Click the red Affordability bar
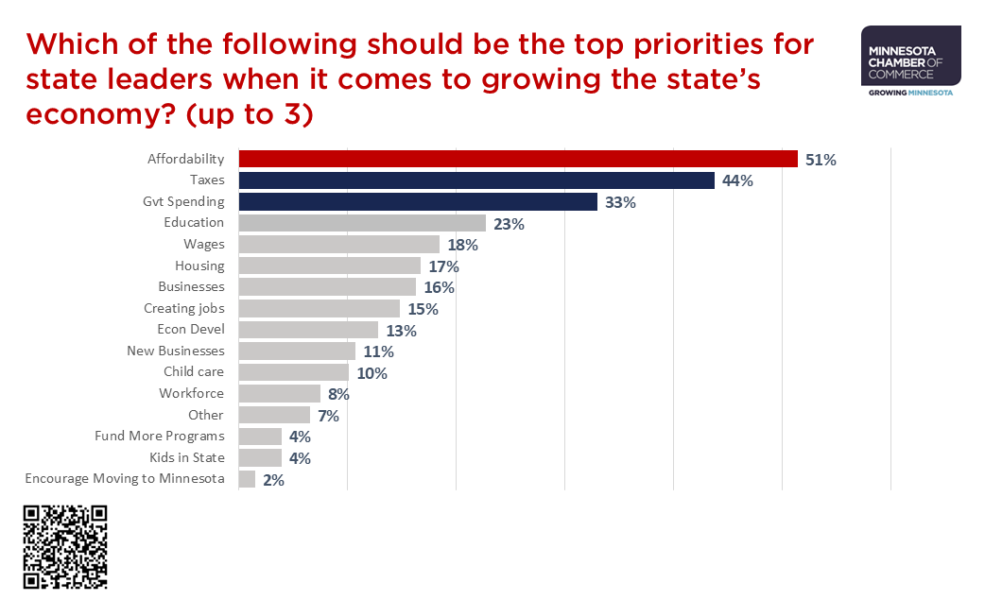tap(518, 159)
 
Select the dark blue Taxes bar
tap(476, 180)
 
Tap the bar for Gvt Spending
tap(418, 201)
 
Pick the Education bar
tap(362, 223)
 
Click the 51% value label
tap(821, 160)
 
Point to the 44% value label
tap(737, 180)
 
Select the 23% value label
tap(509, 224)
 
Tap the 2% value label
tap(273, 480)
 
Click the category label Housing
tap(199, 266)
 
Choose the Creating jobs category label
tap(184, 308)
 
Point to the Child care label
tap(194, 371)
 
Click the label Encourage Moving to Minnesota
tap(125, 478)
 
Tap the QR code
tap(65, 547)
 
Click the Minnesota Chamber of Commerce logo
tap(911, 61)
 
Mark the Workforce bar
tap(280, 393)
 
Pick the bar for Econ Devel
tap(308, 330)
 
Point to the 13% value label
tap(402, 331)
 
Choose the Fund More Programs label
tap(160, 436)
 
